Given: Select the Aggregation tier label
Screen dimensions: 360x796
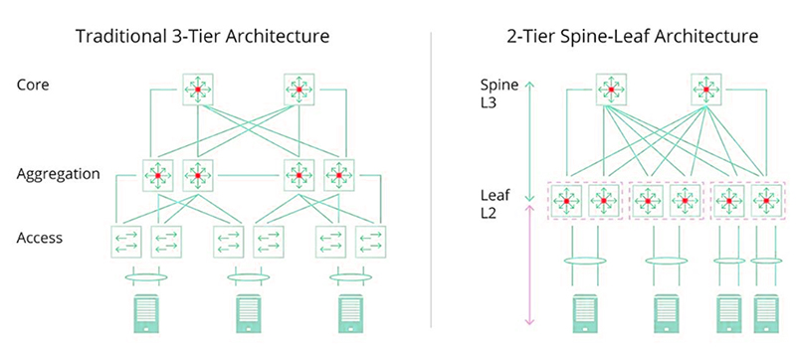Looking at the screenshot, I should [x=59, y=174].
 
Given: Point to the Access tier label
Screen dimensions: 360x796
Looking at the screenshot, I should [x=40, y=238].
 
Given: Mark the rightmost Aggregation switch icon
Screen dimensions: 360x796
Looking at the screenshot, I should [x=339, y=176].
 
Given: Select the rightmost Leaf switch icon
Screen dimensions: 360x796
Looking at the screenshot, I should [x=763, y=200].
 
